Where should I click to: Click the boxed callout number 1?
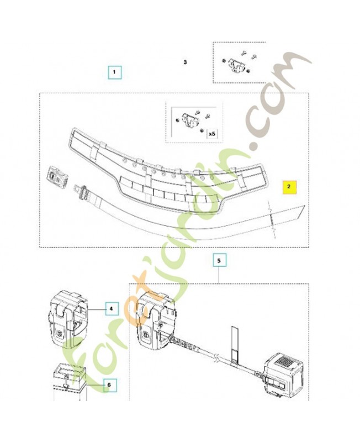tap(114, 72)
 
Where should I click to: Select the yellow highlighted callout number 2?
tap(289, 187)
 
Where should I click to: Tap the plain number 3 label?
tap(185, 62)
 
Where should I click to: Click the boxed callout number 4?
tap(112, 309)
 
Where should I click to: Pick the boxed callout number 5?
tap(219, 261)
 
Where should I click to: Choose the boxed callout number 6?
tap(109, 385)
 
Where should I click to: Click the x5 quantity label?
tap(212, 134)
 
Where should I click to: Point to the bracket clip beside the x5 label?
tap(189, 120)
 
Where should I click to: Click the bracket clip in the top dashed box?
tap(235, 65)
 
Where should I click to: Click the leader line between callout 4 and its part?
tap(96, 309)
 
